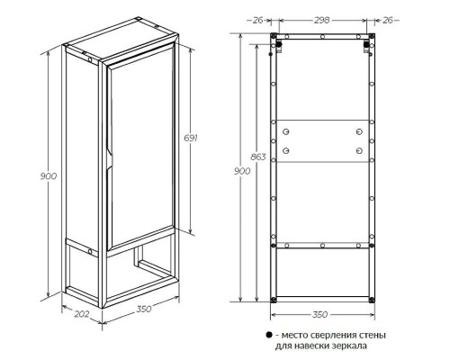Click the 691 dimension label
191,139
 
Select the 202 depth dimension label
82,314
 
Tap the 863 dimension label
258,157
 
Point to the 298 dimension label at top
321,20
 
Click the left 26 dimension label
257,20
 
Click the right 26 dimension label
388,20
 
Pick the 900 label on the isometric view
49,176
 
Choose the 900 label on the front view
242,171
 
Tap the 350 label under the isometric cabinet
144,309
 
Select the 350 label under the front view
319,314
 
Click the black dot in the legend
269,335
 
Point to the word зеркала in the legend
350,346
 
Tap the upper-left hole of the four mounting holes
286,131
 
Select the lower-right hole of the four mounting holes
359,150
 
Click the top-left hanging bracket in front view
279,46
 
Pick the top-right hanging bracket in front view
366,46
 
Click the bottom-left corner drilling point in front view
273,300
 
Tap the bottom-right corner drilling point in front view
372,300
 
